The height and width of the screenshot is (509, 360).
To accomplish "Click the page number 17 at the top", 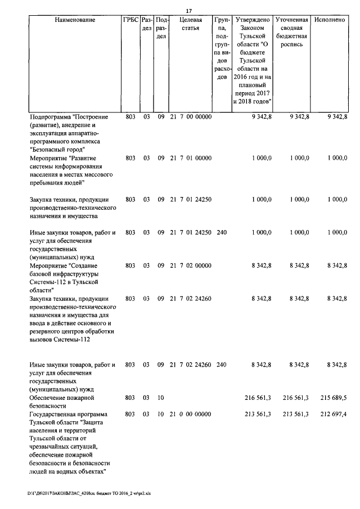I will click(189, 10).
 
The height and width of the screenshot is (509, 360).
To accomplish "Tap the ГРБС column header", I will click(130, 20).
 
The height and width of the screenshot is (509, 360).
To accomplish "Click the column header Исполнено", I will click(330, 20).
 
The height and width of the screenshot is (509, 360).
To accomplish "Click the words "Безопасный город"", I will click(57, 150).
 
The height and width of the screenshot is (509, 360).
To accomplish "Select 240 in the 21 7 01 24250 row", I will click(221, 232).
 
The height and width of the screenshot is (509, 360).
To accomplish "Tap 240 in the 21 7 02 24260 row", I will click(221, 364).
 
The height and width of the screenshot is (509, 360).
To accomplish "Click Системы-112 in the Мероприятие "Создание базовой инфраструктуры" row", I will click(51, 282).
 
